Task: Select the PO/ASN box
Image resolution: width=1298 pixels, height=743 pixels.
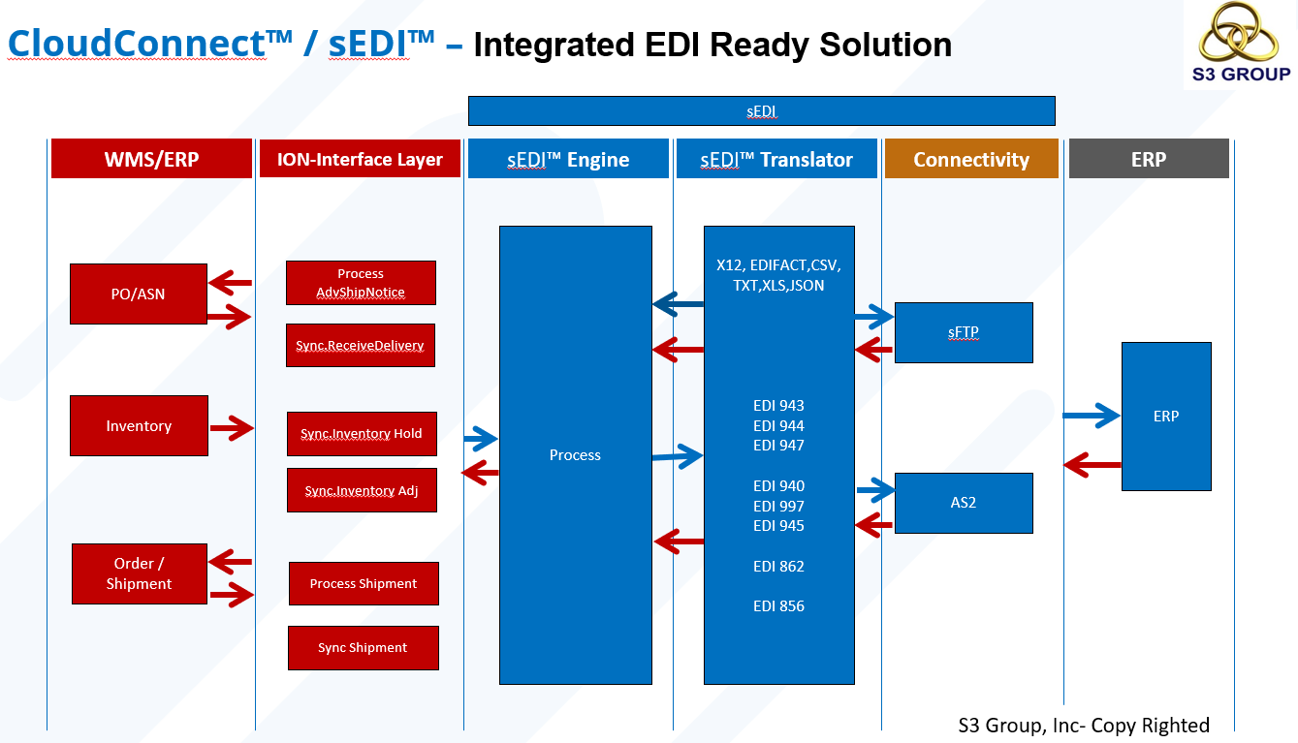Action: pos(139,294)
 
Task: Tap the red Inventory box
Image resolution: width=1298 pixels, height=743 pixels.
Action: pos(139,425)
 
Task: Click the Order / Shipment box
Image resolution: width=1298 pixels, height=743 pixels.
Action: pos(139,573)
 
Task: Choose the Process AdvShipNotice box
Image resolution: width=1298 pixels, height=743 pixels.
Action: pos(361,283)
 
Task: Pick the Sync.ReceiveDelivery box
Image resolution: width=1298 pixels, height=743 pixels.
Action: pos(360,346)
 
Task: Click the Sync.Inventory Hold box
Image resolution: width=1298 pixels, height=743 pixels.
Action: pos(362,433)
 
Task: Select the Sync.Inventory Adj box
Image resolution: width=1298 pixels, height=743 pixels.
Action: pos(362,490)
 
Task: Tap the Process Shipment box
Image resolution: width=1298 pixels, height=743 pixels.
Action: pos(364,583)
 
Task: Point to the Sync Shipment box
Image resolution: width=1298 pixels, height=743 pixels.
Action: pos(363,647)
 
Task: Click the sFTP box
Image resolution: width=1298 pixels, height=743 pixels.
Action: pos(964,332)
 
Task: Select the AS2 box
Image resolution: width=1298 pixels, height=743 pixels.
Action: pos(964,503)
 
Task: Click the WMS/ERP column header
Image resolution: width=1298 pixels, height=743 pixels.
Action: pos(151,159)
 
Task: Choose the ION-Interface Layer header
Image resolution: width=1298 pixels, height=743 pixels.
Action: pos(360,159)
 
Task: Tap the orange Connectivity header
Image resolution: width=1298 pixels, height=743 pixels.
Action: pos(970,159)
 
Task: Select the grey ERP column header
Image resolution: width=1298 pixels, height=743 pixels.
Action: pos(1149,159)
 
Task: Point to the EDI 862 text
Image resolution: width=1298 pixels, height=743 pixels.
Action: pos(778,566)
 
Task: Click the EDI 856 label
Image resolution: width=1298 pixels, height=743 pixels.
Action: pos(778,605)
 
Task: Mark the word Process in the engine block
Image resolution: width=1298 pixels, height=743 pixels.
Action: pos(575,454)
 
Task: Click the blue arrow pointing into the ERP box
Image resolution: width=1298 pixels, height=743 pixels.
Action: pos(1092,416)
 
